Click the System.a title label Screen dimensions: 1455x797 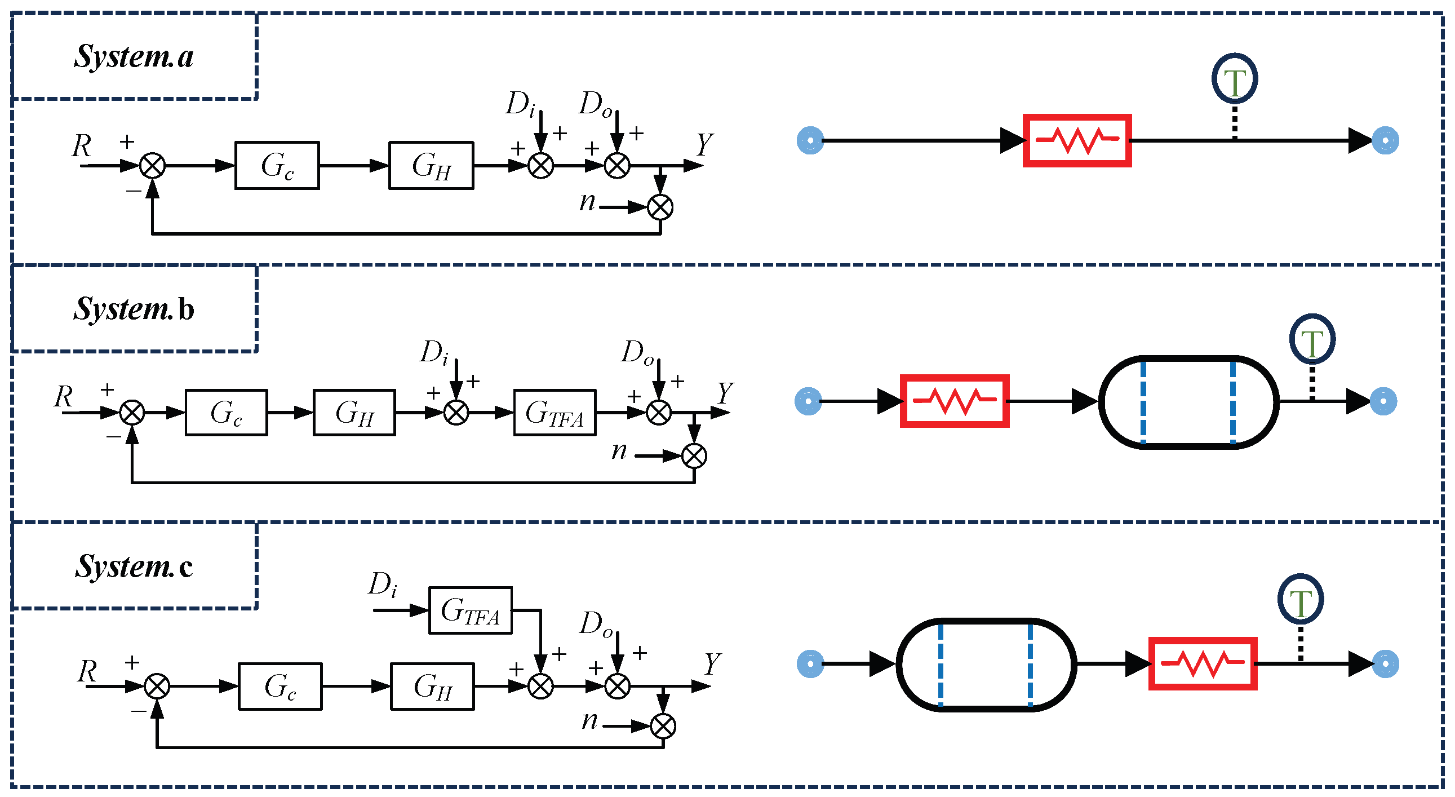click(x=134, y=56)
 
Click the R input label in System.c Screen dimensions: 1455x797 click(x=87, y=672)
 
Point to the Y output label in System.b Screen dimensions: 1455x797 click(x=725, y=393)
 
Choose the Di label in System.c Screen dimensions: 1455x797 click(x=383, y=584)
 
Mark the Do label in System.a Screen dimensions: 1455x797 click(x=596, y=104)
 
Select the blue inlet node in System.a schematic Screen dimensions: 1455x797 click(x=810, y=140)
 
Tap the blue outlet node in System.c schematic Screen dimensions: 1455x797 click(x=1386, y=663)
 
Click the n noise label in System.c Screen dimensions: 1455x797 click(x=589, y=720)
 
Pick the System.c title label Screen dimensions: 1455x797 click(x=134, y=566)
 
